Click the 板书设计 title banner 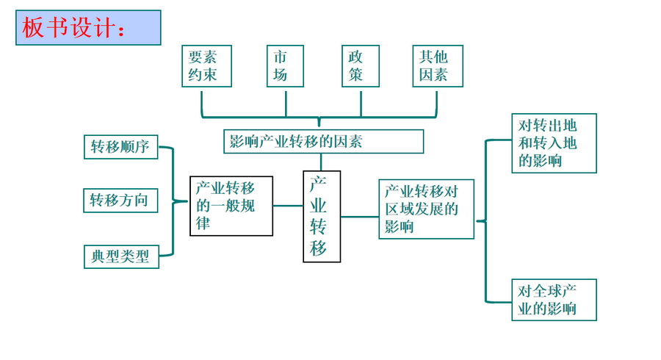pyautogui.click(x=88, y=28)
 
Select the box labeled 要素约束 pyautogui.click(x=207, y=66)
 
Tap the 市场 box pyautogui.click(x=286, y=66)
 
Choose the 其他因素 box pyautogui.click(x=438, y=66)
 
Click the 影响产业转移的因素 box pyautogui.click(x=323, y=141)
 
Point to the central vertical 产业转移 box pyautogui.click(x=322, y=216)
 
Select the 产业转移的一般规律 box pyautogui.click(x=231, y=206)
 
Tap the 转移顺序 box pyautogui.click(x=120, y=147)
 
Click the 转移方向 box pyautogui.click(x=120, y=200)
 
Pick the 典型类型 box pyautogui.click(x=120, y=256)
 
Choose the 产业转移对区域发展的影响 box pyautogui.click(x=426, y=209)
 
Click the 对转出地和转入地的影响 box pyautogui.click(x=554, y=143)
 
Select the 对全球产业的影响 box pyautogui.click(x=554, y=299)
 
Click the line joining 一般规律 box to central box pyautogui.click(x=288, y=206)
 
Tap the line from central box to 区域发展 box pyautogui.click(x=360, y=217)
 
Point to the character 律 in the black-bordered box pyautogui.click(x=203, y=223)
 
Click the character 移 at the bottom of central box pyautogui.click(x=319, y=248)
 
